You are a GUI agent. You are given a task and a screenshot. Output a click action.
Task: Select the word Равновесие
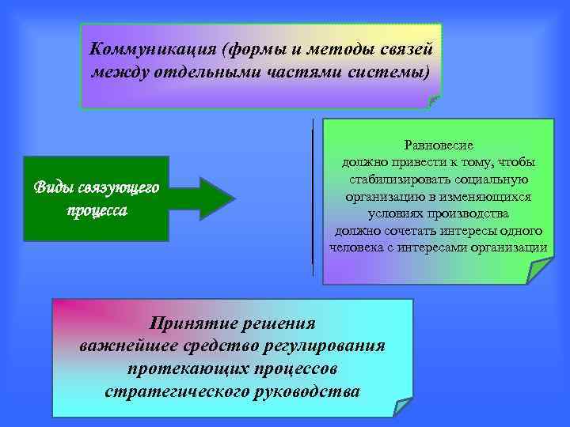point(439,145)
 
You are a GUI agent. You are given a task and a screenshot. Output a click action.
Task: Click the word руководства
point(310,392)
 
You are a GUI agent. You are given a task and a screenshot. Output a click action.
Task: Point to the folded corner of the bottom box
point(403,406)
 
